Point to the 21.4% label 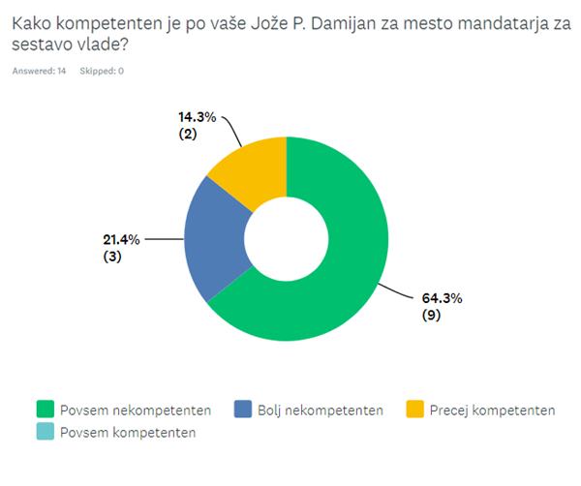point(122,239)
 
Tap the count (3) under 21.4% point(115,257)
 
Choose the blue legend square point(242,410)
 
